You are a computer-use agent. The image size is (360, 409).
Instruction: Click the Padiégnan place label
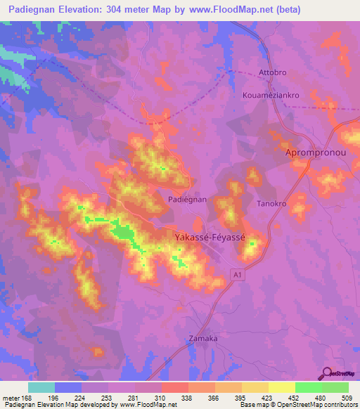tap(187, 200)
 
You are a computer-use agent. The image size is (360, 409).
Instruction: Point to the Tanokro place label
tap(271, 204)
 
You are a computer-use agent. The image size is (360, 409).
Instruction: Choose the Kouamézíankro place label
tap(271, 92)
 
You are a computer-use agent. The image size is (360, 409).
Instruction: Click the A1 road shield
tap(238, 276)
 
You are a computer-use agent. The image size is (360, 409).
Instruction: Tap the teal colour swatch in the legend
tap(41, 387)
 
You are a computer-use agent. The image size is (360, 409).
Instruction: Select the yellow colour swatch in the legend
tap(281, 387)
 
